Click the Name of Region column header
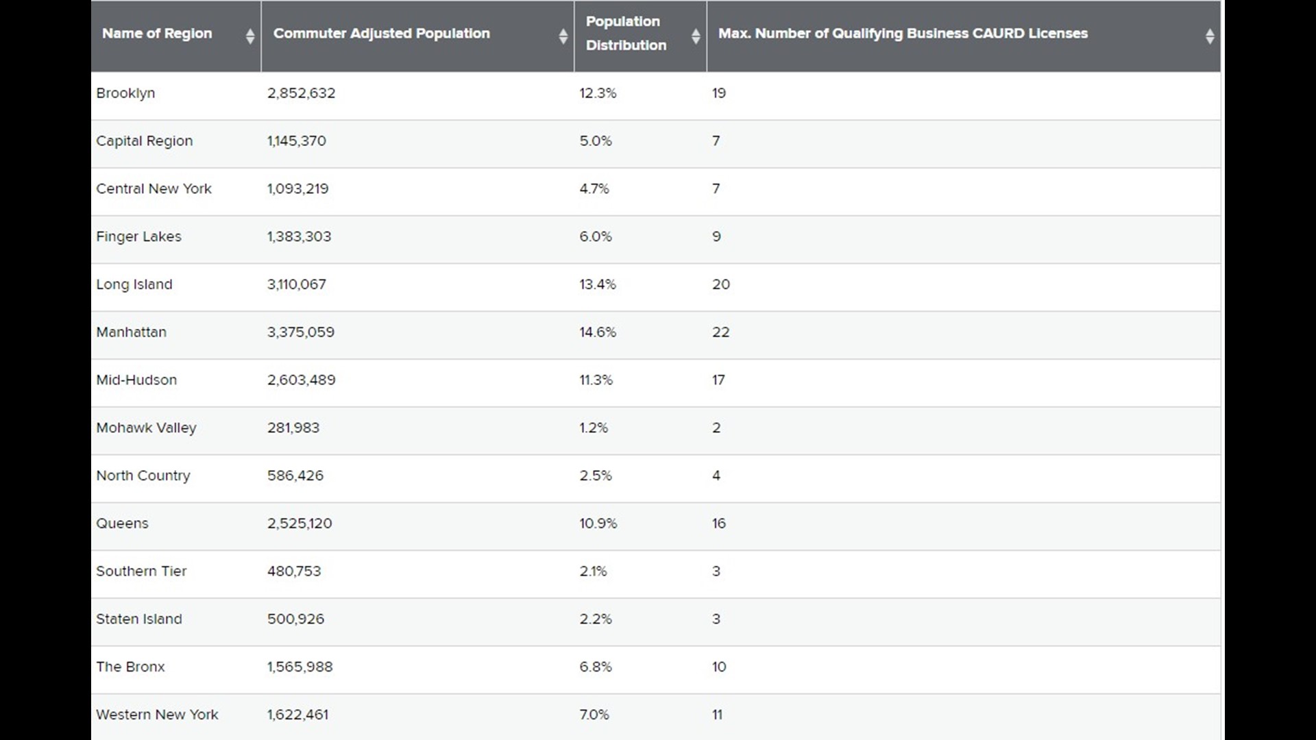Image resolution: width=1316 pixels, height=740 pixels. click(x=157, y=34)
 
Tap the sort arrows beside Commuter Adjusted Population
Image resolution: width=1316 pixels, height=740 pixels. click(x=563, y=36)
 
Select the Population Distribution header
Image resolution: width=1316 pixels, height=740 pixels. click(x=626, y=34)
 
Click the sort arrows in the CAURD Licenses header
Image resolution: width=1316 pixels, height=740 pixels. click(x=1210, y=36)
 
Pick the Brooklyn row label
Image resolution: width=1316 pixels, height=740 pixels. click(x=125, y=93)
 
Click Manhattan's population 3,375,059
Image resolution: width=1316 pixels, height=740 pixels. click(x=301, y=332)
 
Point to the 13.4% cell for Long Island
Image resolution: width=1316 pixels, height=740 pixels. click(x=598, y=284)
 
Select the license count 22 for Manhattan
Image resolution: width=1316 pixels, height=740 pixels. click(x=720, y=332)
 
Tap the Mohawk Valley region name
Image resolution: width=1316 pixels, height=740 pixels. click(x=146, y=428)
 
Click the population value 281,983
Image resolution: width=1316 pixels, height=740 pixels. click(x=293, y=428)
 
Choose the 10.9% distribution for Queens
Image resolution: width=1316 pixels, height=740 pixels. click(x=598, y=523)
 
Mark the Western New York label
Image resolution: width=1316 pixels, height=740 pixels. click(x=157, y=715)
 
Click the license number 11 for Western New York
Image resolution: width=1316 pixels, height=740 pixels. click(x=718, y=715)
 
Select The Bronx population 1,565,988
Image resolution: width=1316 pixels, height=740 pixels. click(x=300, y=667)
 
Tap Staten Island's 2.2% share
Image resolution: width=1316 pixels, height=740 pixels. click(x=596, y=619)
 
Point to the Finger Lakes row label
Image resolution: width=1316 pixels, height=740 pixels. click(x=138, y=237)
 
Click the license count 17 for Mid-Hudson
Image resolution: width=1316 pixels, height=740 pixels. click(x=718, y=380)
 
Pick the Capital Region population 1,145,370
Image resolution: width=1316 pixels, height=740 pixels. click(x=297, y=141)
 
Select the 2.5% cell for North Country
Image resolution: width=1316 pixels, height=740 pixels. click(x=596, y=476)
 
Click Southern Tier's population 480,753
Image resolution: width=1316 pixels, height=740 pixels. click(x=294, y=571)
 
